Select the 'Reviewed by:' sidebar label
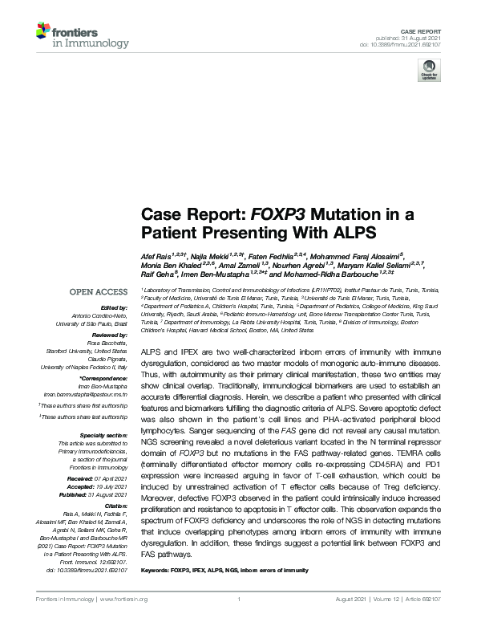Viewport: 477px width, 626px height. click(x=110, y=335)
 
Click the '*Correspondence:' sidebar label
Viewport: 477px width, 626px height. click(x=105, y=378)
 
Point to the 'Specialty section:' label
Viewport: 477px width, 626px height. click(x=105, y=435)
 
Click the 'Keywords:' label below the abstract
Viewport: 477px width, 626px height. click(x=157, y=571)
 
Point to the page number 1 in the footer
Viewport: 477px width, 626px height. click(x=239, y=600)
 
